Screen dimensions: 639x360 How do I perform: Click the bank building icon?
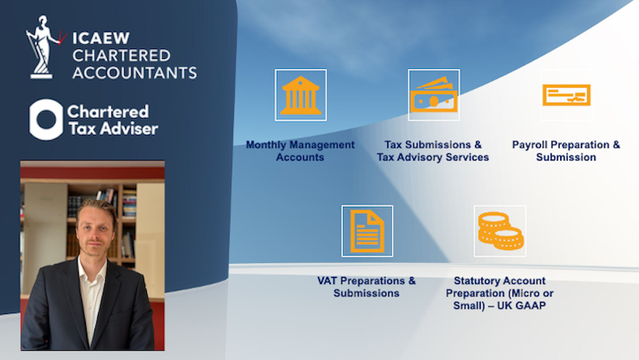coord(300,95)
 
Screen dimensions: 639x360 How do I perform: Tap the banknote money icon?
coord(434,94)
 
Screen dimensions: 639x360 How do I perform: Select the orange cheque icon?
coord(566,94)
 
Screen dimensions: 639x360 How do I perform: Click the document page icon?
coord(367,231)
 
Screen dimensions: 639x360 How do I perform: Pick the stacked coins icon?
coord(501,231)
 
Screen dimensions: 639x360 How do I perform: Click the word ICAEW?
coord(101,38)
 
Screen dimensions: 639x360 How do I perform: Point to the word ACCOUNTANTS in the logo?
coord(134,72)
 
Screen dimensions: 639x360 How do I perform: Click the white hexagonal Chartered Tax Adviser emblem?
coord(46,119)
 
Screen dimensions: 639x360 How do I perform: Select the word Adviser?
coord(129,129)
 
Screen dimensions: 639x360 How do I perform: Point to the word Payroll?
coord(530,145)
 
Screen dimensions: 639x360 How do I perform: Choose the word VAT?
coord(327,280)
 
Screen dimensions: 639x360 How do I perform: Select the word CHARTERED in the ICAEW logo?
coord(121,55)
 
